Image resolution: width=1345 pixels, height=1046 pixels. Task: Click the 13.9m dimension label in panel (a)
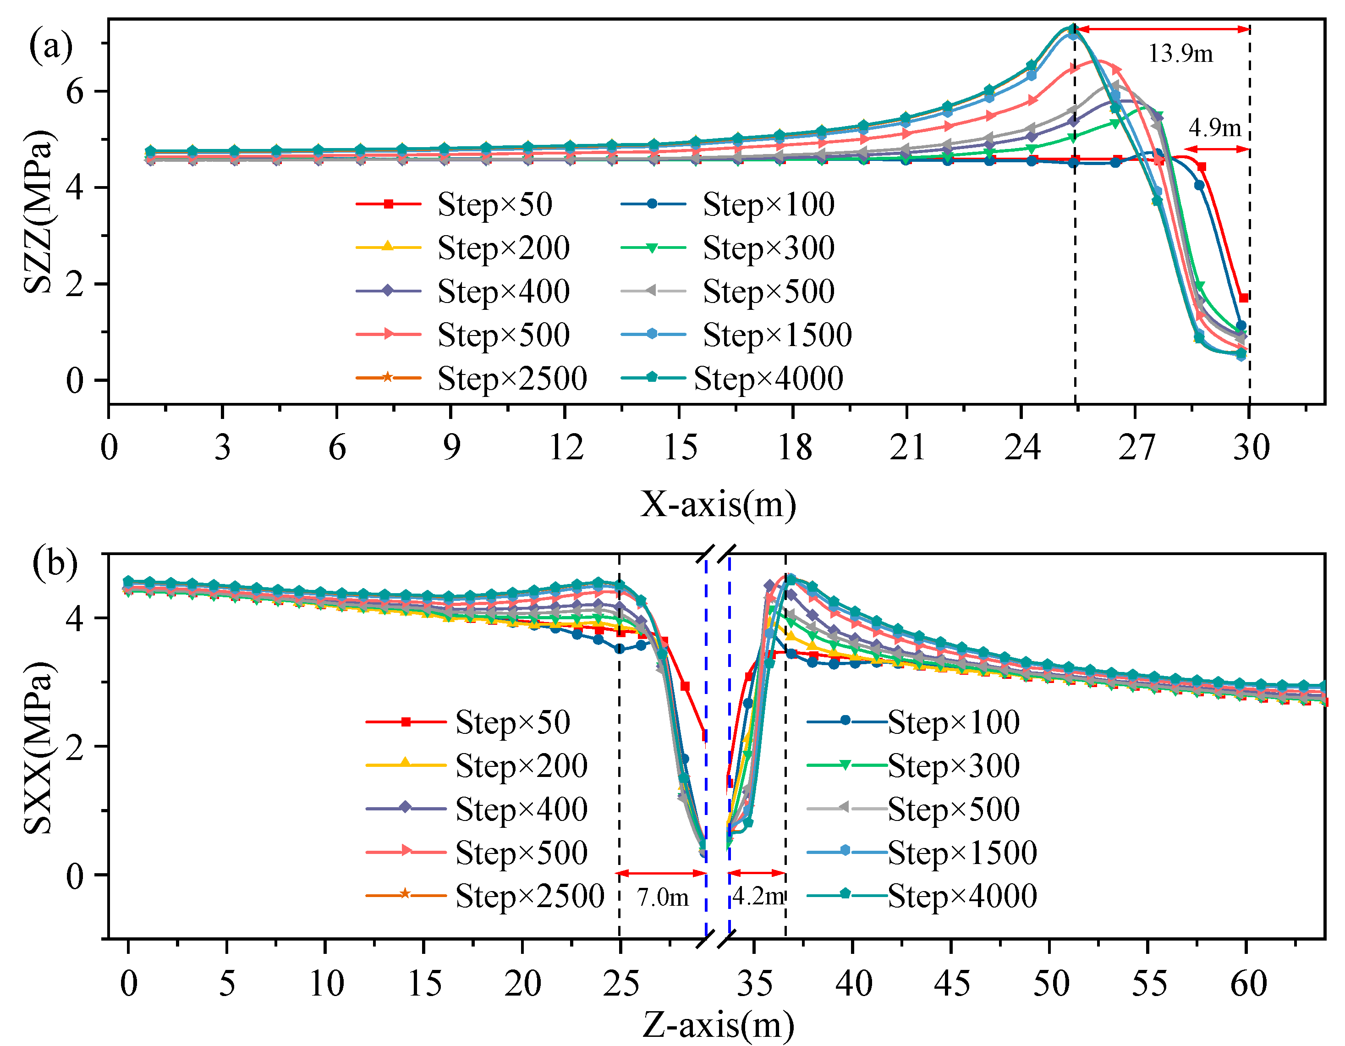point(1180,54)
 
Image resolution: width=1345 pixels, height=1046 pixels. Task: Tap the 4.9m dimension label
point(1214,128)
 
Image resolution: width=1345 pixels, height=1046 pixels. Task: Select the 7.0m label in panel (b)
point(663,897)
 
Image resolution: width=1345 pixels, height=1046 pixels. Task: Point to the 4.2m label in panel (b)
point(758,896)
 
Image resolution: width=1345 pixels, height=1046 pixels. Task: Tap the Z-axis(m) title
point(718,1025)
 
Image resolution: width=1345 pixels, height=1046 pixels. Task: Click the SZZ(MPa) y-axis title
point(38,211)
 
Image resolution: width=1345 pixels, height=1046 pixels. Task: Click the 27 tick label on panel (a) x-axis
point(1136,448)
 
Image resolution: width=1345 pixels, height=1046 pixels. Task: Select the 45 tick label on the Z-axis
point(951,984)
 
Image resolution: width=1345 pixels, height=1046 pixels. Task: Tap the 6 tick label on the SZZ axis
point(75,92)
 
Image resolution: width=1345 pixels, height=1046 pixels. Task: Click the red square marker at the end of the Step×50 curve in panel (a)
point(1243,298)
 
